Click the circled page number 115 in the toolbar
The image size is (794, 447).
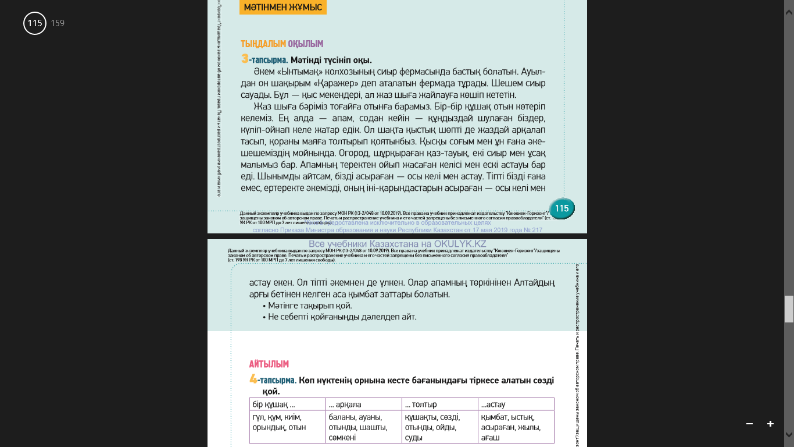coord(35,23)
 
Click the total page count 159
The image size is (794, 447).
coord(58,23)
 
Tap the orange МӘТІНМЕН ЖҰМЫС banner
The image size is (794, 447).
coord(283,7)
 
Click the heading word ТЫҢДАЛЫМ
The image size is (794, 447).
coord(263,44)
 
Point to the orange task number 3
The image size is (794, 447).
coord(245,59)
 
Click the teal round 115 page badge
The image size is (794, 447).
coord(561,208)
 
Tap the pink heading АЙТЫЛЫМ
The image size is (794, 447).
coord(269,364)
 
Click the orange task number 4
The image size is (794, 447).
coord(253,379)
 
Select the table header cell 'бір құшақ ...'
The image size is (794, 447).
coord(287,405)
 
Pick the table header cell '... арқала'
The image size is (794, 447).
coord(363,405)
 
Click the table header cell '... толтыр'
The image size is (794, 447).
coord(439,405)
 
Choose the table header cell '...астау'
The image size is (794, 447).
coord(516,405)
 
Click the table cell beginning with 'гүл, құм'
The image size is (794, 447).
coord(287,423)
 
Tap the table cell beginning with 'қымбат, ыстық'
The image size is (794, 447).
coord(516,427)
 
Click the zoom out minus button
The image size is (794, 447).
coord(749,424)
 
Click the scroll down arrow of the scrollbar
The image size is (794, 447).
coord(789,434)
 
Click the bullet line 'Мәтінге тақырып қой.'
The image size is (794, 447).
coord(310,306)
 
